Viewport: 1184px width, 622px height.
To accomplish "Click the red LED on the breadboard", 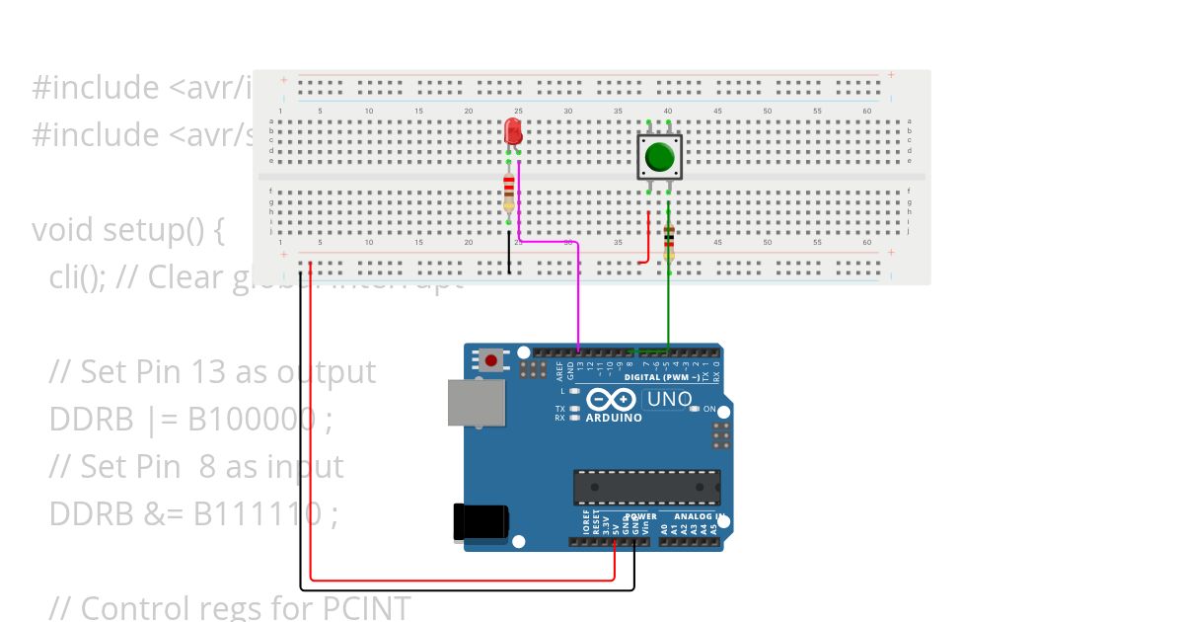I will tap(513, 132).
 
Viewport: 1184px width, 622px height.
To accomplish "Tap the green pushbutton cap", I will tap(659, 156).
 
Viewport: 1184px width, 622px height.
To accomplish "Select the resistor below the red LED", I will tap(509, 191).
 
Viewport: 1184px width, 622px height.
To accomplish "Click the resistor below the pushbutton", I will tap(669, 240).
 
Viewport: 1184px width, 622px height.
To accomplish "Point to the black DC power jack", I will tap(481, 522).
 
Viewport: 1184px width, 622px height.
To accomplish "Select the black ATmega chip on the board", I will tap(646, 487).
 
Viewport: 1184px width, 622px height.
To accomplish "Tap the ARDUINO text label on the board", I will tap(614, 418).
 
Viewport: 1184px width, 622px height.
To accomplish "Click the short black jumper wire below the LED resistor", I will tap(509, 254).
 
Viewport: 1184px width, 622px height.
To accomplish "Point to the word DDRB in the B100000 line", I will tap(91, 420).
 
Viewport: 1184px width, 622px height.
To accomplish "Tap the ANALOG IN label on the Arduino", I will tap(701, 516).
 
